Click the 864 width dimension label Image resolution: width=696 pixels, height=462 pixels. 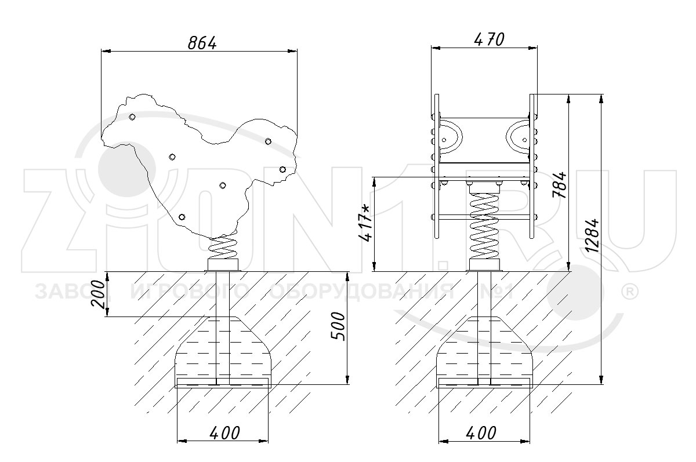click(202, 43)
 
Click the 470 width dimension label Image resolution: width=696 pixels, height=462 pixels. click(489, 40)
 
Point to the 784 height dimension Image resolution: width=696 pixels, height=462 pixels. click(559, 184)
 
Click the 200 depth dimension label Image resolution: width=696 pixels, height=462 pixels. click(98, 294)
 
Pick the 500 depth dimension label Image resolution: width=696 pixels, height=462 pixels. click(338, 326)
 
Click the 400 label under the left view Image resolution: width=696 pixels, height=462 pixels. click(224, 433)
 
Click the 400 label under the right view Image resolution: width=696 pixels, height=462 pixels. click(481, 433)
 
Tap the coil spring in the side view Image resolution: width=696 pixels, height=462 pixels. click(223, 248)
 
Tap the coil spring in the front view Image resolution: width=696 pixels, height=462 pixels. click(484, 225)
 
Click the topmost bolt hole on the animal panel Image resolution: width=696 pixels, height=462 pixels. click(132, 117)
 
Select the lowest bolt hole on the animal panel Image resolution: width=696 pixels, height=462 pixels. click(182, 217)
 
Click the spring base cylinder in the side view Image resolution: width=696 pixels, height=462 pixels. click(223, 264)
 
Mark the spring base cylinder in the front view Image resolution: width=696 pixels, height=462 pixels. click(484, 264)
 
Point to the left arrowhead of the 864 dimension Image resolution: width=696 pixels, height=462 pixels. click(106, 50)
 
